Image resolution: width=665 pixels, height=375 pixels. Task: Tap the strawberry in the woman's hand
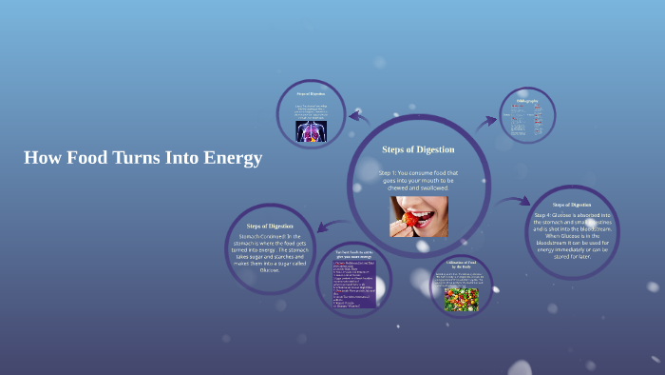(408, 220)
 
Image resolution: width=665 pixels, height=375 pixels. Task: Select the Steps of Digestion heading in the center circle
(418, 149)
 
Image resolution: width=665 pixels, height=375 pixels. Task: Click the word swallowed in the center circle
(432, 187)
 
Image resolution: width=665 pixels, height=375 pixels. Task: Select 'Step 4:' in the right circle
(546, 215)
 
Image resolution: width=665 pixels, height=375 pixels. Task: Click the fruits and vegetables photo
(461, 300)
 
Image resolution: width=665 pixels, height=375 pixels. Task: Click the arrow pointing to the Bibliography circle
(485, 121)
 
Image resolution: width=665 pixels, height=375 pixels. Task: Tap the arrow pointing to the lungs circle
(359, 118)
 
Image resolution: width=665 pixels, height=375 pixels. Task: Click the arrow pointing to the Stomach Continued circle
(326, 226)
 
